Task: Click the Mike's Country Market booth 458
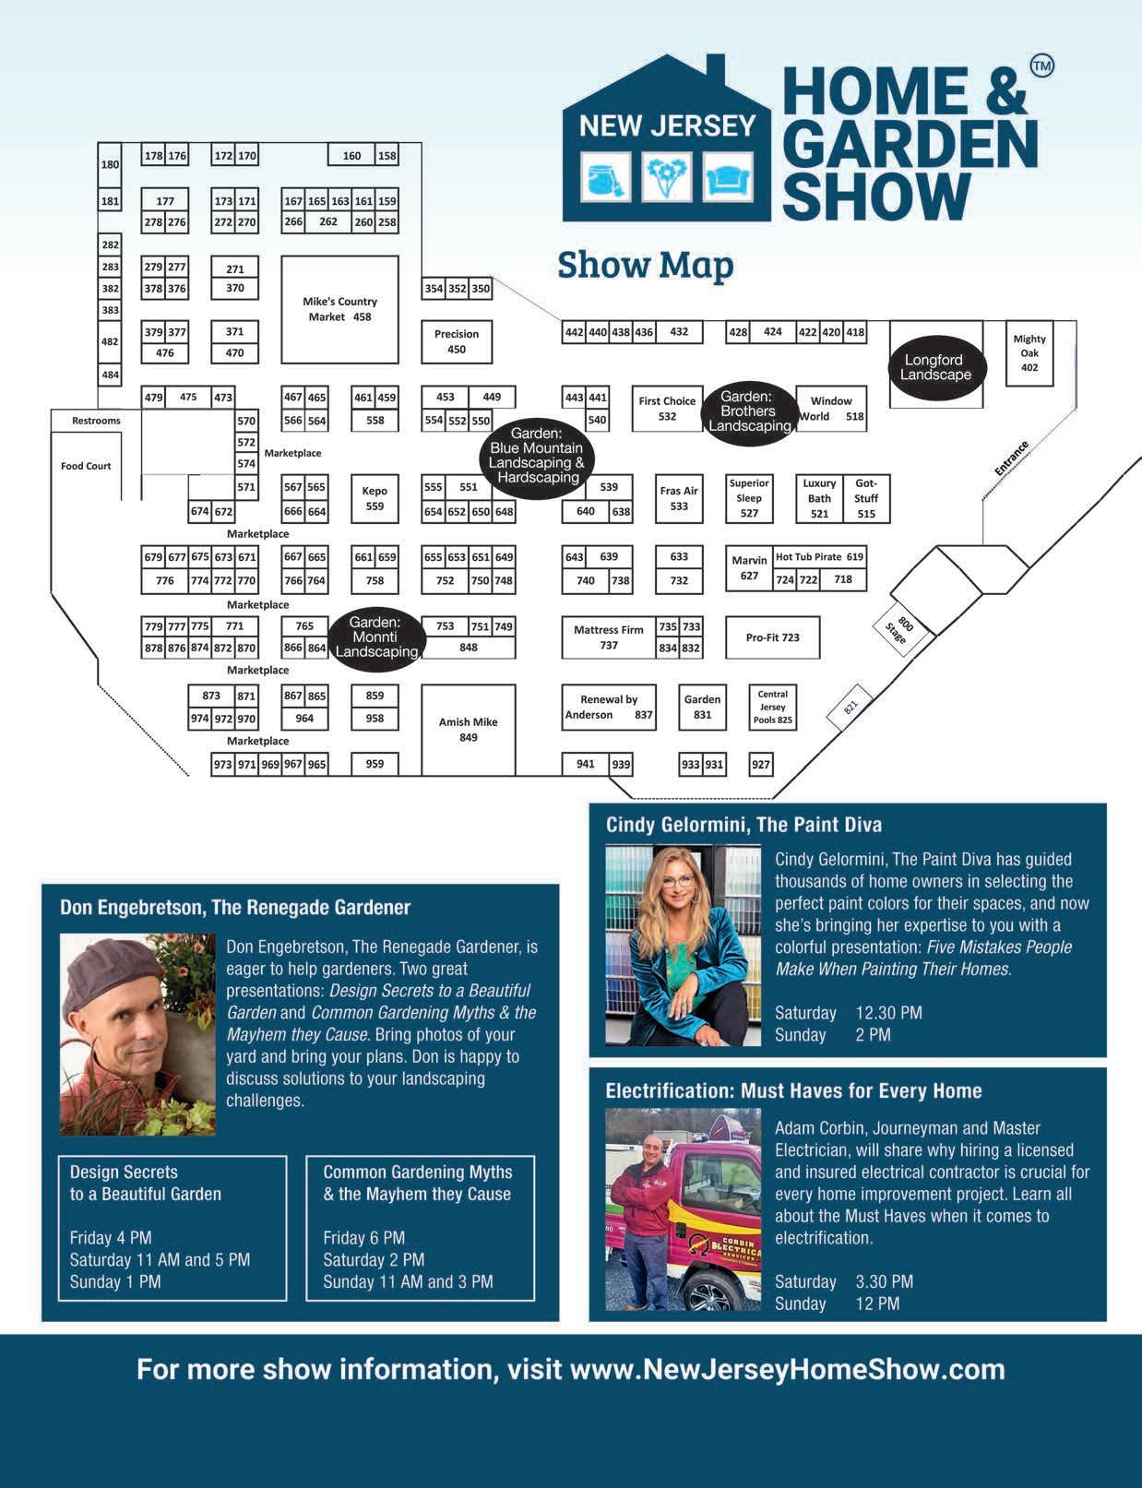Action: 339,309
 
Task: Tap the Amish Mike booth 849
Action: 468,729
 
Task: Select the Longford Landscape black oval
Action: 936,368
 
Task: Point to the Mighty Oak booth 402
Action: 1029,353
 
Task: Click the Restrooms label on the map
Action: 97,421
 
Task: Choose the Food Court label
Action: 86,466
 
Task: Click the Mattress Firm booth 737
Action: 608,637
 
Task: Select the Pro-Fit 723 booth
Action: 772,637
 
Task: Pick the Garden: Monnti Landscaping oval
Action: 375,637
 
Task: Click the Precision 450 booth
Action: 457,341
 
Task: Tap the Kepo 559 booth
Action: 375,498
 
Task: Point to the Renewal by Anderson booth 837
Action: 608,707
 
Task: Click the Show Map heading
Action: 645,265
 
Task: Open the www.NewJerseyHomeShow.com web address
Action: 788,1368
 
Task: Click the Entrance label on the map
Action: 1011,458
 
